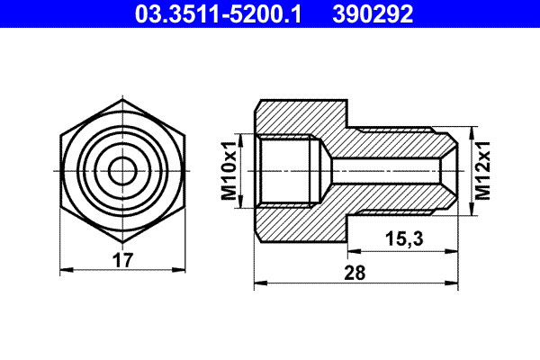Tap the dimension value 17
[122, 261]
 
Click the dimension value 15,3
[402, 240]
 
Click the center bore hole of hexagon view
[122, 169]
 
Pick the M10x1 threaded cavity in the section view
[286, 169]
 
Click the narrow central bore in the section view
[387, 169]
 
